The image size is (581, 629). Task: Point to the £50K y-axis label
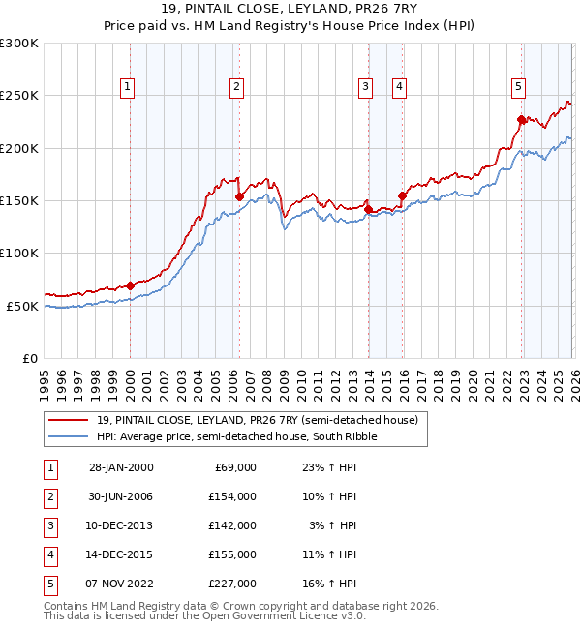(22, 306)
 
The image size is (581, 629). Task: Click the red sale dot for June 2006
(239, 196)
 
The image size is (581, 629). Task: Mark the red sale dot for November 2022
(521, 120)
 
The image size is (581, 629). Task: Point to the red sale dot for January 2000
(130, 285)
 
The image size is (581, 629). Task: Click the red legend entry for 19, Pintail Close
(257, 420)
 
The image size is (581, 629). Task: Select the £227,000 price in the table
(233, 584)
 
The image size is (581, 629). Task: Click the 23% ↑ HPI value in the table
(328, 467)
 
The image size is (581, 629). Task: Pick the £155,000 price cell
(233, 554)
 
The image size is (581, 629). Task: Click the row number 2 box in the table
(51, 496)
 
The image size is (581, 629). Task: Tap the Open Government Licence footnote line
(205, 615)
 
